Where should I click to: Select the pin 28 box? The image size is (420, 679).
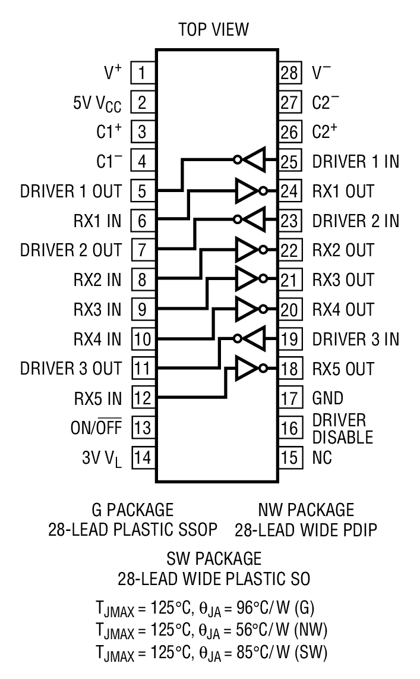289,73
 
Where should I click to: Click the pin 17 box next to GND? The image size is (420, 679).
289,398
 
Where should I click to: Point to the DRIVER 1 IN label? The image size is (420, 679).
356,161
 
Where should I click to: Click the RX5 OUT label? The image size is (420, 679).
343,369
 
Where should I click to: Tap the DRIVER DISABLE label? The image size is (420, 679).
342,429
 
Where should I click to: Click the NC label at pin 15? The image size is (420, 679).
323,457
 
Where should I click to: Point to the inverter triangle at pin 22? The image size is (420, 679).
246,250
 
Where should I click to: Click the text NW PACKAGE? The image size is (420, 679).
305,510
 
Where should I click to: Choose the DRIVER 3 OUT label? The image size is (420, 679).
71,369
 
